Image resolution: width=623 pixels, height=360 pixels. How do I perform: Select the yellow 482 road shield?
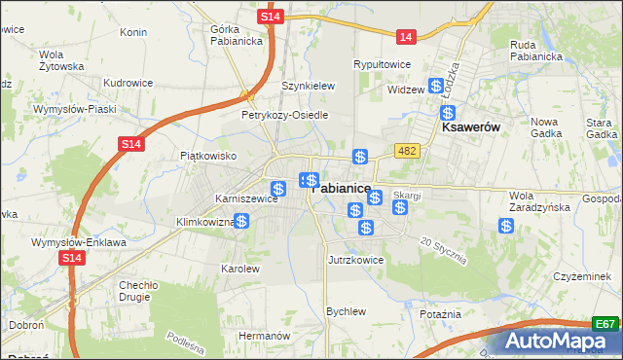[407, 150]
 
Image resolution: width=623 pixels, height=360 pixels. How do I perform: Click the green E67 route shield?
[605, 324]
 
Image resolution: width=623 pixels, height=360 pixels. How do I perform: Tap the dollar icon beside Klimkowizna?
[241, 222]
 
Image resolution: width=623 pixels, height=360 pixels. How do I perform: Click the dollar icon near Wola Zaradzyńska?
[506, 226]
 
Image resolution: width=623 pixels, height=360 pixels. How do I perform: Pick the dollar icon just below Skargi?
[399, 207]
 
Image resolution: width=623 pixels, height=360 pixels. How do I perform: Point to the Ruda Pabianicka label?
[537, 50]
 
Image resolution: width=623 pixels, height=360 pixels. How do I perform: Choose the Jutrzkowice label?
[355, 260]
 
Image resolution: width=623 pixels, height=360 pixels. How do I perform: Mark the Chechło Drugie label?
[138, 291]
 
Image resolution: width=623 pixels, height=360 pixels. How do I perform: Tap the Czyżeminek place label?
[581, 276]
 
